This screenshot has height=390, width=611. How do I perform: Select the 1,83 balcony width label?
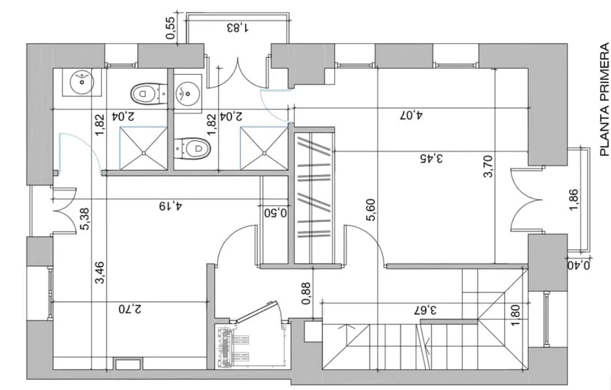click(238, 27)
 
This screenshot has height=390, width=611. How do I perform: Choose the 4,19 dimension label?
click(171, 206)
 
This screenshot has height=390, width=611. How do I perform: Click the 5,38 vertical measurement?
click(85, 219)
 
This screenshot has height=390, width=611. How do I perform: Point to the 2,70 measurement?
click(129, 309)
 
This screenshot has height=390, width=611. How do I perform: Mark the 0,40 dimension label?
click(579, 266)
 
